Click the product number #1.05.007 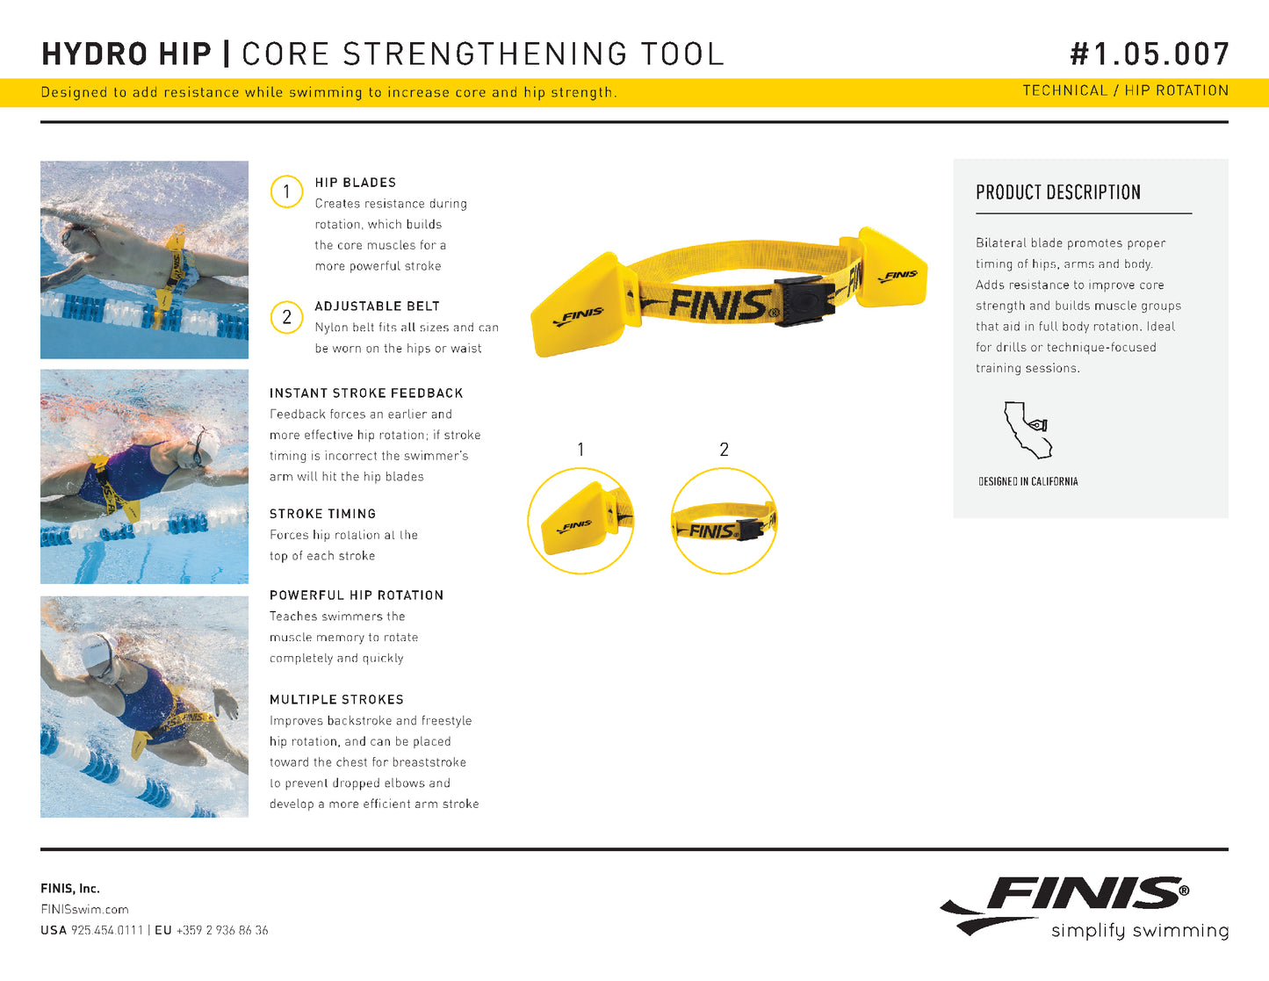[x=1150, y=54]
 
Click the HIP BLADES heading [x=355, y=183]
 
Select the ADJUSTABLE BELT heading [x=378, y=306]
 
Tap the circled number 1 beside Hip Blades [x=286, y=191]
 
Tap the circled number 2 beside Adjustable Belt [x=286, y=317]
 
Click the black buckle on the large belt [x=804, y=300]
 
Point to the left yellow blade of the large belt [x=578, y=307]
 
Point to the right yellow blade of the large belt [x=890, y=268]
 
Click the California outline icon [x=1027, y=429]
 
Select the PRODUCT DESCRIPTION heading [x=1058, y=192]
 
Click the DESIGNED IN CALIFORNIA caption [x=1027, y=482]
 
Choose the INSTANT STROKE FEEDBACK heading [x=366, y=393]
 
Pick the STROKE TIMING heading [x=323, y=514]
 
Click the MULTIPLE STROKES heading [x=336, y=700]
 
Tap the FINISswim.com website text [x=84, y=909]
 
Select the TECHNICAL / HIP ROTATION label [x=1125, y=90]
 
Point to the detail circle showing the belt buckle [x=725, y=521]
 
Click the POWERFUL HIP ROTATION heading [x=357, y=595]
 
